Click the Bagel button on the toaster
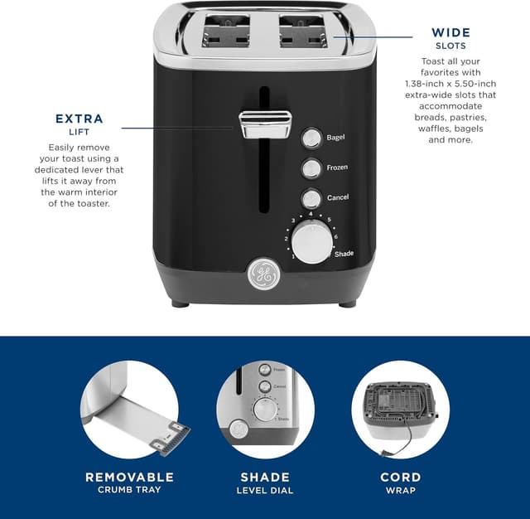pyautogui.click(x=311, y=138)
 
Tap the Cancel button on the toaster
pyautogui.click(x=311, y=199)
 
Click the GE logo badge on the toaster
pyautogui.click(x=262, y=274)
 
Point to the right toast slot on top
pyautogui.click(x=306, y=33)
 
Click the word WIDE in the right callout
pyautogui.click(x=450, y=33)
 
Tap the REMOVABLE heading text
pyautogui.click(x=130, y=477)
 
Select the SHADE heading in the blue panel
pyautogui.click(x=265, y=477)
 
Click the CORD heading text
pyautogui.click(x=400, y=477)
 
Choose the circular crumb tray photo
pyautogui.click(x=130, y=410)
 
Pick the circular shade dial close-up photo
pyautogui.click(x=265, y=410)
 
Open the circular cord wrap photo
pyautogui.click(x=400, y=410)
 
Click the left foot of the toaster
pyautogui.click(x=181, y=303)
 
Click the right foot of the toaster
pyautogui.click(x=347, y=303)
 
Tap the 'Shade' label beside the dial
pyautogui.click(x=344, y=254)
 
